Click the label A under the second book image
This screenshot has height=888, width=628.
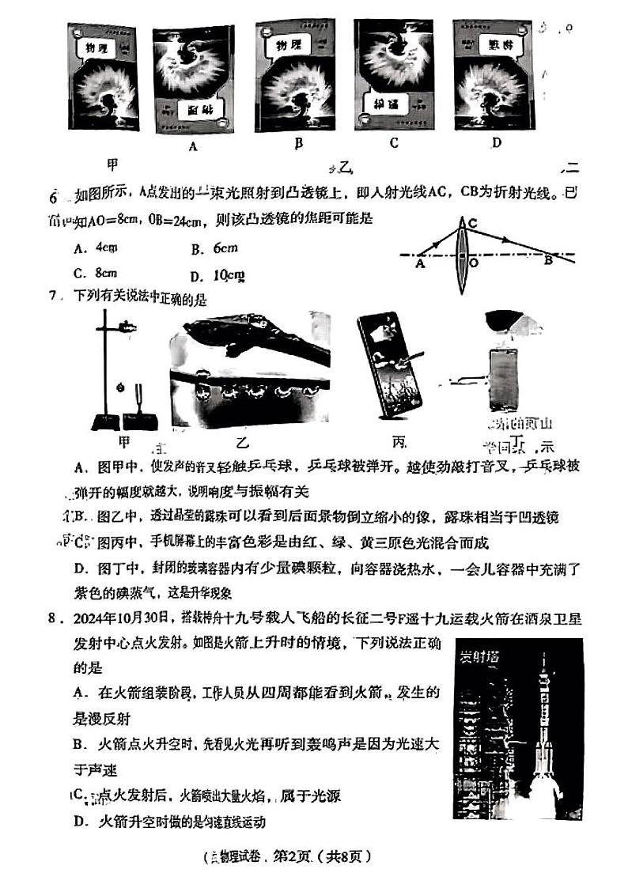pos(192,145)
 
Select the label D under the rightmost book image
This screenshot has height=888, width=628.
pos(496,142)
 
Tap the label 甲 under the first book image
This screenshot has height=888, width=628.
pos(114,164)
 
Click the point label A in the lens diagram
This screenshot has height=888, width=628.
pos(419,266)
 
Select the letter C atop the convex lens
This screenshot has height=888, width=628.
pos(471,223)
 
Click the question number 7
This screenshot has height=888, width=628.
pos(52,296)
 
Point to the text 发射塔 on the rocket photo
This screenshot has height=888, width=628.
pos(476,656)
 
